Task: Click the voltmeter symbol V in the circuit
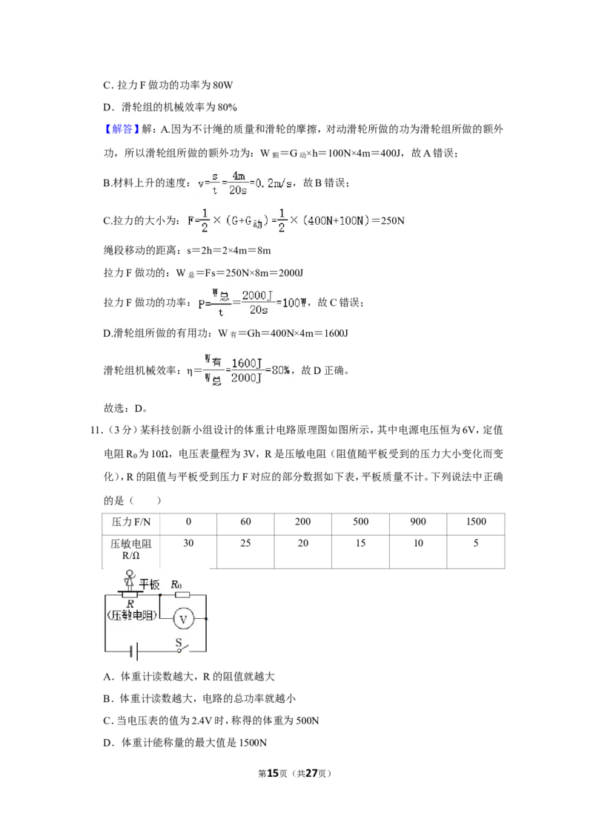(183, 620)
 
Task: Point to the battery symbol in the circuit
(134, 652)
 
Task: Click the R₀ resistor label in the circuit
(176, 585)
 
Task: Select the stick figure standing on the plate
(129, 580)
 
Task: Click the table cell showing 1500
(476, 522)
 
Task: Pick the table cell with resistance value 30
(188, 543)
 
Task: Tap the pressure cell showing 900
(418, 522)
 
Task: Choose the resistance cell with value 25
(245, 543)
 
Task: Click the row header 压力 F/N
(131, 522)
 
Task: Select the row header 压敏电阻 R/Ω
(131, 550)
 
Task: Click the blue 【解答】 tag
(122, 129)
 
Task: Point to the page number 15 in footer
(273, 773)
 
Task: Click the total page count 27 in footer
(311, 773)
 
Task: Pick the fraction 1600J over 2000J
(247, 371)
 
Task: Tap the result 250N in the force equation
(392, 220)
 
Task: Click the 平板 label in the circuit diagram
(149, 585)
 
